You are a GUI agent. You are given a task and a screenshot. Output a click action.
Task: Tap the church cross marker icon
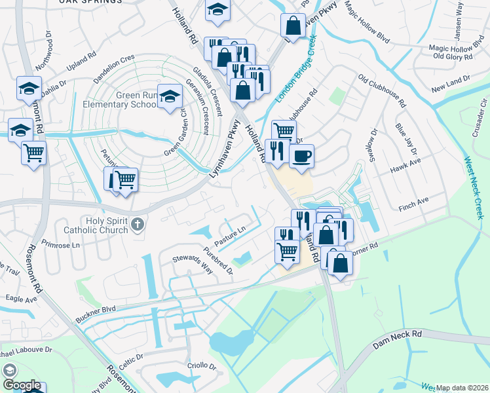137,225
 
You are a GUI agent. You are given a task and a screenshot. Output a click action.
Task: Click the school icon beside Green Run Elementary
170,98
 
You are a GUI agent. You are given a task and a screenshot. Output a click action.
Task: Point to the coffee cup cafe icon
302,157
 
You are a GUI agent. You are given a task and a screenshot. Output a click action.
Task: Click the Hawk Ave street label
410,170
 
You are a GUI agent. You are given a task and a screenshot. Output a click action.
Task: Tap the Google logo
21,385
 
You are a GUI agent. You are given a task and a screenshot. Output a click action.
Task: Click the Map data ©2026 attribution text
462,388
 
